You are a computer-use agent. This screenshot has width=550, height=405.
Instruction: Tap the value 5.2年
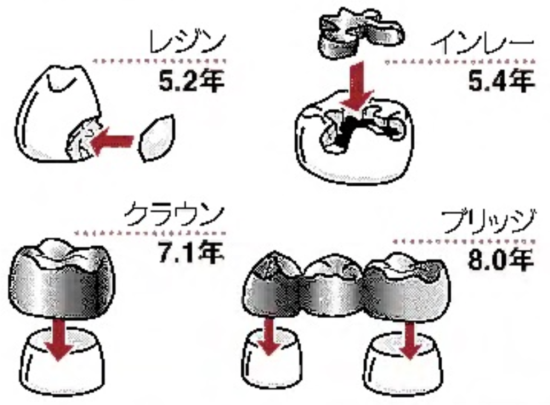pos(191,81)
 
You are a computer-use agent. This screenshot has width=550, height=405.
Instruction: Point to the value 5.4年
pos(502,81)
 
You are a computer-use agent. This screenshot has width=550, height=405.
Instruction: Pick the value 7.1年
pos(191,252)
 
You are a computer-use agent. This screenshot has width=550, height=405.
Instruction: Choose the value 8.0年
pos(501,260)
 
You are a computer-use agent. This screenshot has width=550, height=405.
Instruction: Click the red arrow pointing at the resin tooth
pos(112,140)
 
